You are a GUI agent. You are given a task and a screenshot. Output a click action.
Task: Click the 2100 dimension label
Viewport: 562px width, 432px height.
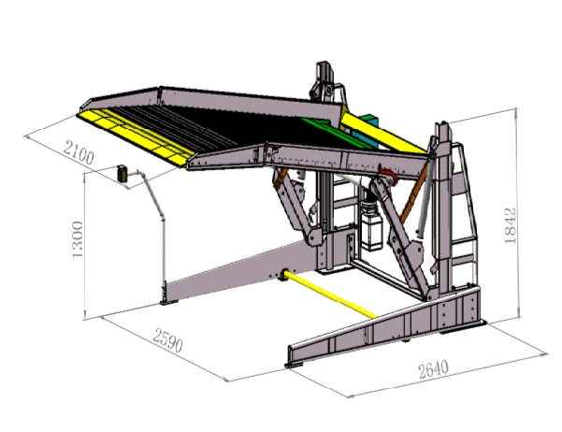tap(79, 152)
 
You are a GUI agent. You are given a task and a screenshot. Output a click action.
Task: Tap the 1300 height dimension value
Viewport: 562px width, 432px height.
tap(78, 239)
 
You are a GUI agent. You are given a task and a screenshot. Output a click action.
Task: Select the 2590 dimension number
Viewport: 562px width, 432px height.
tap(167, 339)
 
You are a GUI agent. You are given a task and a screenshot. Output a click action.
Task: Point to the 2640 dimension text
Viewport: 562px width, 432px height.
tap(433, 369)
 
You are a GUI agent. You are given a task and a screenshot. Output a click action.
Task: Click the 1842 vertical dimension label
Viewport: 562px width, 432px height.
tap(511, 226)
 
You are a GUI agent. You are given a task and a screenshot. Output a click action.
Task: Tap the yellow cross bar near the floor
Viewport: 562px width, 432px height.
tap(330, 294)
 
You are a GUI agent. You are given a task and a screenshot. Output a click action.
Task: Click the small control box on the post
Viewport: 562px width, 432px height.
tap(122, 173)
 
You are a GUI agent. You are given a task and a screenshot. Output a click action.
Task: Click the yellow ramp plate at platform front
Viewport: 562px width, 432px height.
tap(137, 137)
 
